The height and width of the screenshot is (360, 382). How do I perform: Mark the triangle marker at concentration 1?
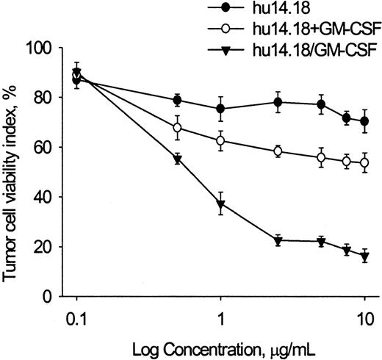pos(221,204)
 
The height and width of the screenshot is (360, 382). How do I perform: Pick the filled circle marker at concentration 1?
pos(221,109)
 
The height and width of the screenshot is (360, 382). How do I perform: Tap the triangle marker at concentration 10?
pos(364,256)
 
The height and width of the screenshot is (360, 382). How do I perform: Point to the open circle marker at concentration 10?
pos(364,162)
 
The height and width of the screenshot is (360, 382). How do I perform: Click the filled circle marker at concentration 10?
pos(364,121)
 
